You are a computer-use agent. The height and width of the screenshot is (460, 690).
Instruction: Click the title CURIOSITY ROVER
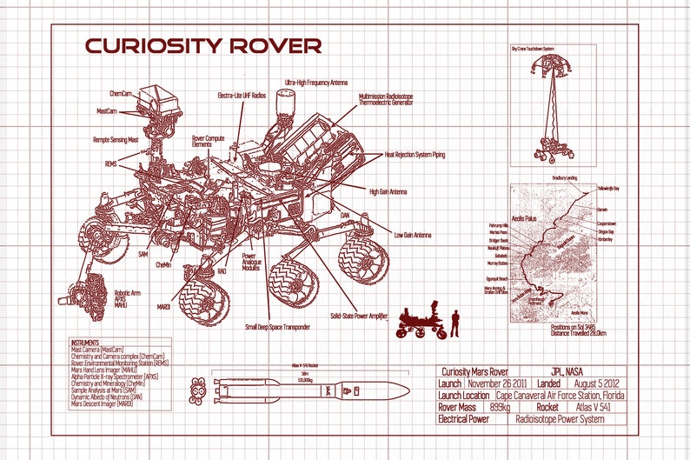(202, 45)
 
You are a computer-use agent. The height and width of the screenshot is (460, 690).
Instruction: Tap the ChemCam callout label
(122, 92)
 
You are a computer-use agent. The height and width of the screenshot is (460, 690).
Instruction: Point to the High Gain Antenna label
(389, 191)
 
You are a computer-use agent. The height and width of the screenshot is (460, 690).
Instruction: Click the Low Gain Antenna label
(413, 235)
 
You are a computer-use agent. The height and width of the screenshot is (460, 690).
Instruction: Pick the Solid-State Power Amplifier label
(358, 317)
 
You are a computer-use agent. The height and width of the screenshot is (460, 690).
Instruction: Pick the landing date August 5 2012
(595, 383)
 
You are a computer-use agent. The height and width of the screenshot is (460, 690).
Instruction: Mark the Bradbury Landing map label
(565, 177)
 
